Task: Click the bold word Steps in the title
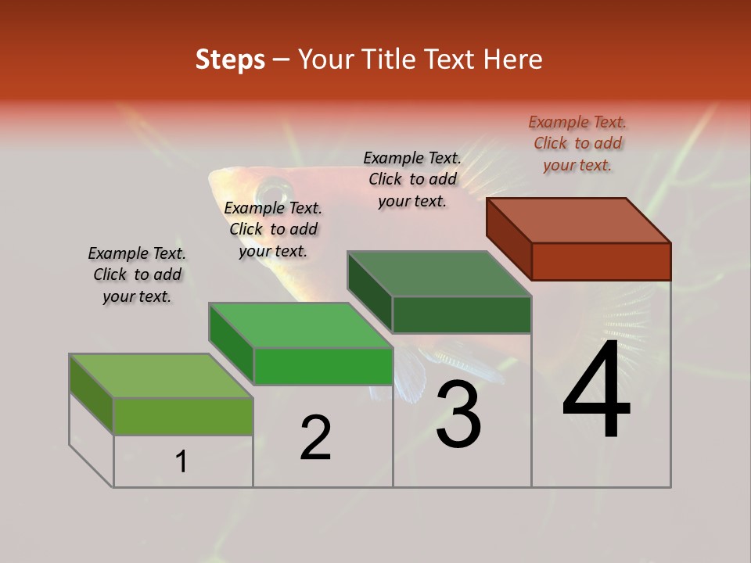230,60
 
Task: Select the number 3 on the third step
458,414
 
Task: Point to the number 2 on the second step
315,439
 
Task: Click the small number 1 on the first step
181,462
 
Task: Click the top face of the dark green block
440,274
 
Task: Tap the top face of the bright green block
300,325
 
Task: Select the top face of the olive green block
161,376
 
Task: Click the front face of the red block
601,261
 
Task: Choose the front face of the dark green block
462,314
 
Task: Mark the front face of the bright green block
322,366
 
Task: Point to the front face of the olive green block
183,416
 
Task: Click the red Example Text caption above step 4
577,143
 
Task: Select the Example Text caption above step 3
412,179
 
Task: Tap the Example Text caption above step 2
273,229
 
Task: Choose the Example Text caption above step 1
137,274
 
